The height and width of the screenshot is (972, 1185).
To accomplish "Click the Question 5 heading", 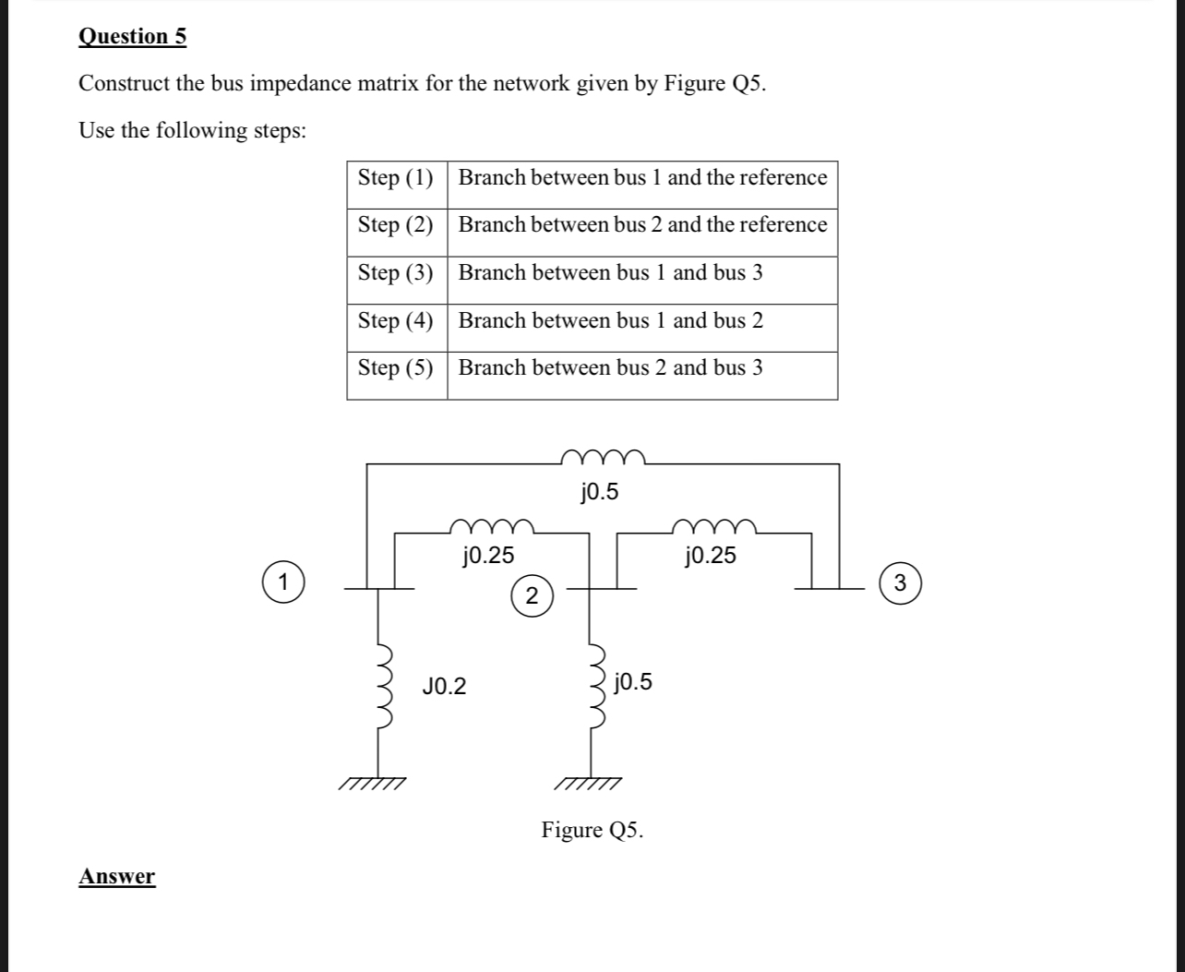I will pyautogui.click(x=132, y=36).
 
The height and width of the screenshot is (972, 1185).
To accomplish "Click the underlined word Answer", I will pyautogui.click(x=116, y=876).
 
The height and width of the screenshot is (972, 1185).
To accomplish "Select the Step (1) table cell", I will pyautogui.click(x=396, y=177).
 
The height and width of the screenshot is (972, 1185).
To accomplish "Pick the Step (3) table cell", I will pyautogui.click(x=396, y=273).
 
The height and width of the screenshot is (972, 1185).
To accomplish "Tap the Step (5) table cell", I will pyautogui.click(x=396, y=368).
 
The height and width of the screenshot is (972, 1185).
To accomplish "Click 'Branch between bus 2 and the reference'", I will pyautogui.click(x=642, y=225).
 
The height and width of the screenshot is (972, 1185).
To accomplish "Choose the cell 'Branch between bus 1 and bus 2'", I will pyautogui.click(x=611, y=321).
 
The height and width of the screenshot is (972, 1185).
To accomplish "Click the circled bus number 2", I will pyautogui.click(x=531, y=596).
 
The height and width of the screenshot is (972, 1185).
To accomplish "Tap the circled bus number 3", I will pyautogui.click(x=901, y=582).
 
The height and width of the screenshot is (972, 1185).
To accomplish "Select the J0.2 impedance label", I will pyautogui.click(x=444, y=687).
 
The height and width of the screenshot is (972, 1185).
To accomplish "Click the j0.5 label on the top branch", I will pyautogui.click(x=600, y=493).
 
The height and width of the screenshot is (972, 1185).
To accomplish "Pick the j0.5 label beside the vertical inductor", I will pyautogui.click(x=632, y=683).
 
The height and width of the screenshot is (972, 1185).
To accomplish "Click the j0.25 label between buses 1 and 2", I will pyautogui.click(x=487, y=556).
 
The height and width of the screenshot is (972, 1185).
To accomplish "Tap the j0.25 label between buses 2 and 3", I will pyautogui.click(x=710, y=556).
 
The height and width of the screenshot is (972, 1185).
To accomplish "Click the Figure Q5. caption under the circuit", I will pyautogui.click(x=592, y=830).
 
